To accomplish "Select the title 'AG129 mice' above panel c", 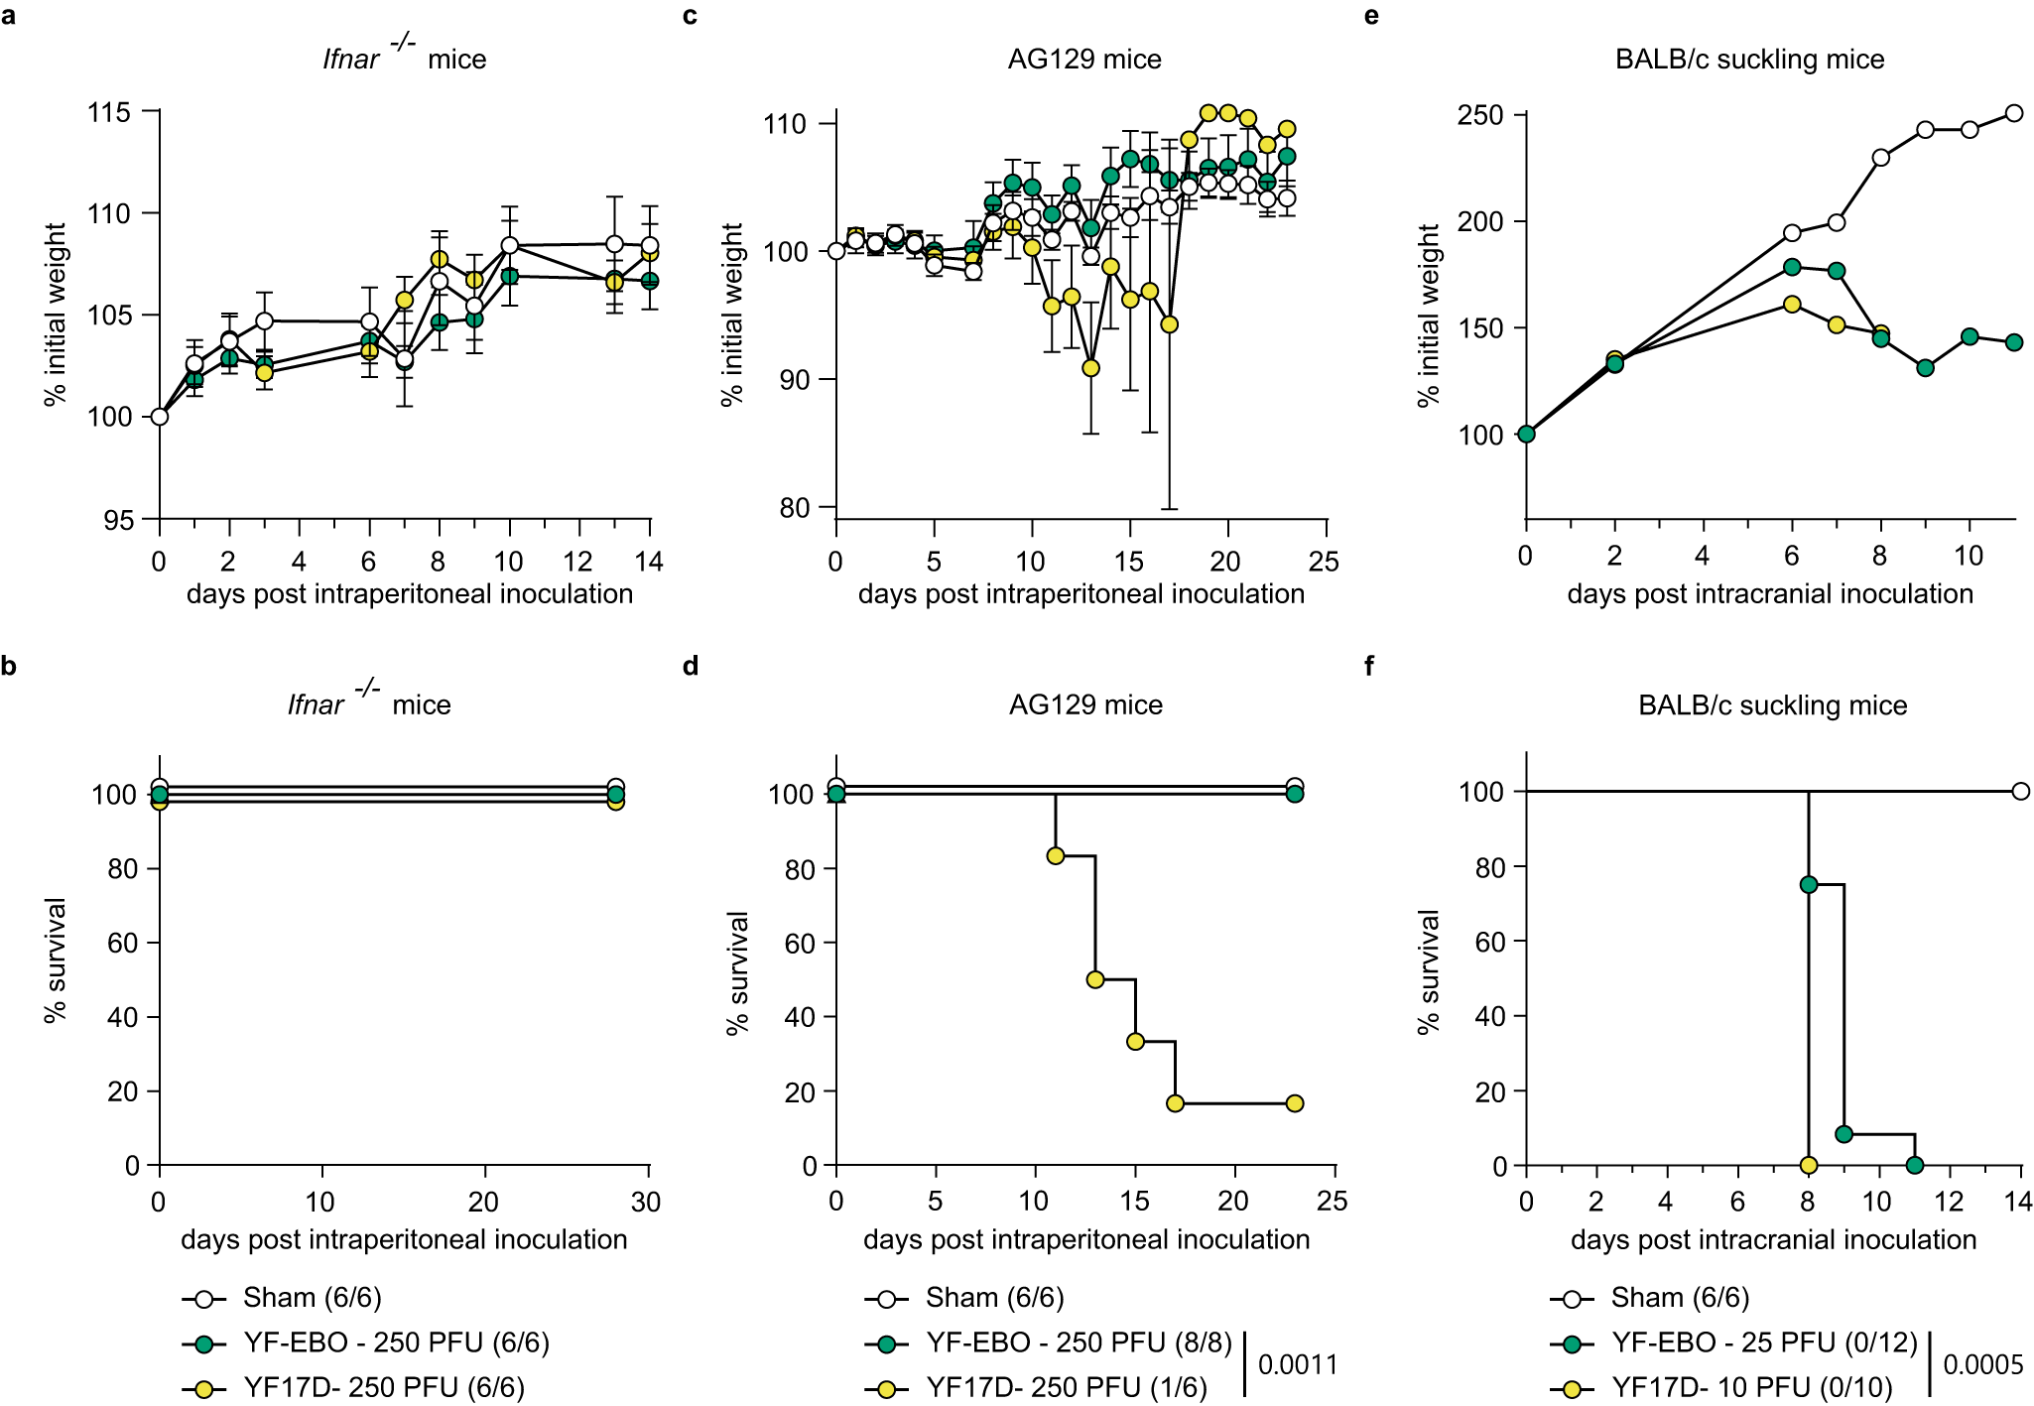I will pos(1084,60).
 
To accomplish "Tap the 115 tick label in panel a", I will pos(109,112).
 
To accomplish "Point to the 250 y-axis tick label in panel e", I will pos(1479,116).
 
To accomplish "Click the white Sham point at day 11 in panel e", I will pos(2014,113).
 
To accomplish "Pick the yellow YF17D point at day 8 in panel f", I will pos(1809,1165).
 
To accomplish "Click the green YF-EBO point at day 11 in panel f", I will pos(1915,1165).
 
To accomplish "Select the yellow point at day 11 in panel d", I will pos(1056,855).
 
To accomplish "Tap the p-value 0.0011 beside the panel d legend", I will pos(1298,1365).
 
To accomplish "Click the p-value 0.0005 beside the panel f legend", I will pos(1982,1365).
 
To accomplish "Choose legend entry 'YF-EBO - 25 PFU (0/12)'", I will pos(1764,1342).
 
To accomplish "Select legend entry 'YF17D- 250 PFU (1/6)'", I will pos(1067,1387).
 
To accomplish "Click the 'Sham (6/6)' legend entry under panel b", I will pos(312,1298).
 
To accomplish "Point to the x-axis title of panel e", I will pos(1770,594).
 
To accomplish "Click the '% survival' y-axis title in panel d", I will pos(737,972).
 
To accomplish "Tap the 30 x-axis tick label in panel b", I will pos(646,1203).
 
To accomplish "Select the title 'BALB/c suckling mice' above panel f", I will pos(1772,705).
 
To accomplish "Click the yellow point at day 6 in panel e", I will pos(1792,304).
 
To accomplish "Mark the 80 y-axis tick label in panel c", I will pos(795,508).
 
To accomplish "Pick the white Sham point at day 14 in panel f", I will pos(2021,791).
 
